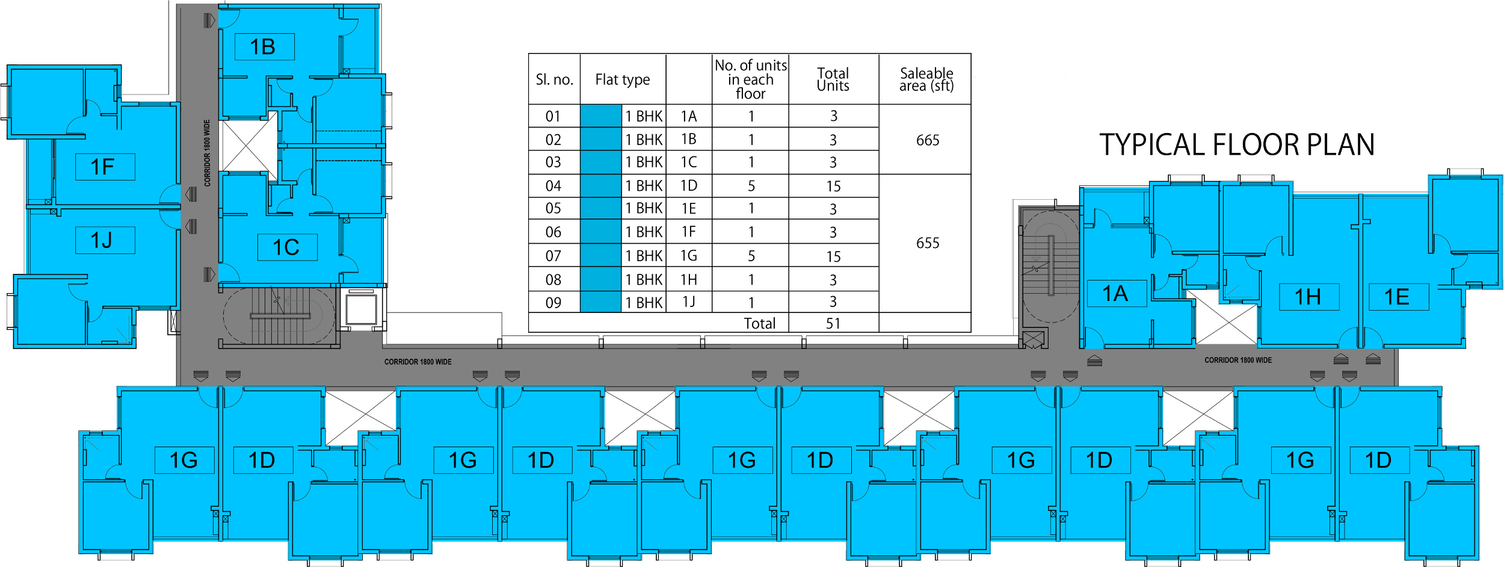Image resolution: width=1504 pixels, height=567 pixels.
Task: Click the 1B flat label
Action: (264, 47)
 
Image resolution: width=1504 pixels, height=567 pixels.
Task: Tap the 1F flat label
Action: (104, 167)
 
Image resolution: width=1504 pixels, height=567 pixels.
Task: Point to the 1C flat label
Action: (286, 247)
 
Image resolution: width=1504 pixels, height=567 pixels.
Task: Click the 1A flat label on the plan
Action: (1115, 294)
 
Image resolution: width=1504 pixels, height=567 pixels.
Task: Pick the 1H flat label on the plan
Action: (1308, 297)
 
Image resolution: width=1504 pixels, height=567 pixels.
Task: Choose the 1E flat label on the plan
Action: (1398, 297)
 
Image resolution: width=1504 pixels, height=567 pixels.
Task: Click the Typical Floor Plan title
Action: (1237, 145)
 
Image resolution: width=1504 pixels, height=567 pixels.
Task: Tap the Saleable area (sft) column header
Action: (926, 79)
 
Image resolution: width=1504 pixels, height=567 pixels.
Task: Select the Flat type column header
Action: (623, 79)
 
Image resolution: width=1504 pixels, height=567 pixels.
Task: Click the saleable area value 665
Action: (928, 140)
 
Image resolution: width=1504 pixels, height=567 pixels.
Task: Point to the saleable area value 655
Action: (928, 243)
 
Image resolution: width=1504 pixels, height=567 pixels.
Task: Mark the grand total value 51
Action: (833, 324)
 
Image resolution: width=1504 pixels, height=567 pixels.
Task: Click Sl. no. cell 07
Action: (553, 256)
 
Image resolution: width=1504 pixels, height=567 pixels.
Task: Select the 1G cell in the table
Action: (689, 256)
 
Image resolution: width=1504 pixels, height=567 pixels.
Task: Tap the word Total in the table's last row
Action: (760, 324)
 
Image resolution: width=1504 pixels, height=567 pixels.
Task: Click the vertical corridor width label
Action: (207, 153)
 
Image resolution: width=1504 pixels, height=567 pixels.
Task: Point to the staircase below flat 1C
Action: (279, 315)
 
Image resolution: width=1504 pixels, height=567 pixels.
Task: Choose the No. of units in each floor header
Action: (750, 79)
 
